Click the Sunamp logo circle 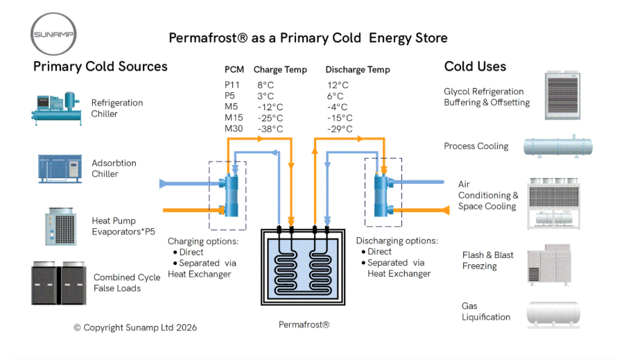pyautogui.click(x=54, y=33)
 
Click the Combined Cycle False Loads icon pyautogui.click(x=58, y=283)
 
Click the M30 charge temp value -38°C pyautogui.click(x=270, y=129)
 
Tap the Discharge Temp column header pyautogui.click(x=358, y=69)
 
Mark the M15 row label pyautogui.click(x=233, y=118)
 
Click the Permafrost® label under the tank pyautogui.click(x=304, y=325)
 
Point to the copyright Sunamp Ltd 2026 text pyautogui.click(x=135, y=327)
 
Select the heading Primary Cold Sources pyautogui.click(x=101, y=67)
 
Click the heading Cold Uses pyautogui.click(x=475, y=67)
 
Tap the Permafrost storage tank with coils pyautogui.click(x=304, y=267)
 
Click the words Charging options pyautogui.click(x=203, y=241)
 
